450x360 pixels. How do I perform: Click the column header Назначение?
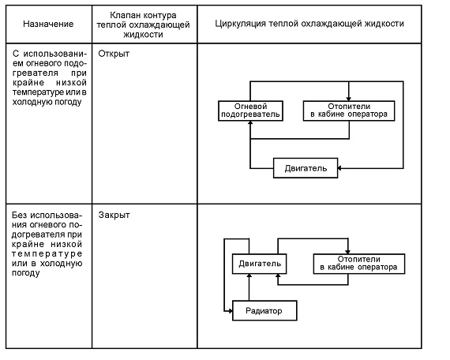pos(48,24)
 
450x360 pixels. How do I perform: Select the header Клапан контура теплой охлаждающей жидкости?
pos(143,24)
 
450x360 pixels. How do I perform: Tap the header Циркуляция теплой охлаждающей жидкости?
pos(309,24)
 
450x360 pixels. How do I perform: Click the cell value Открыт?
pos(114,54)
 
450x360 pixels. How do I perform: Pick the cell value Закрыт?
pos(114,215)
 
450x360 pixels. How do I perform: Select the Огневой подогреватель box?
pos(250,111)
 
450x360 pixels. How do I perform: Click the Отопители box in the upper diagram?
pos(349,111)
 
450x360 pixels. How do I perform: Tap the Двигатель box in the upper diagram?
pos(306,168)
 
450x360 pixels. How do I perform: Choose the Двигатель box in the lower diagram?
pos(260,264)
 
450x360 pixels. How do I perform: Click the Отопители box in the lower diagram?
pos(359,264)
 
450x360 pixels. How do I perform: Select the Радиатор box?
pos(264,310)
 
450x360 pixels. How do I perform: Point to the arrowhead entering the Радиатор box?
pos(230,310)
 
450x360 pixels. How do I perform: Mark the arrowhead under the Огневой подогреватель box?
pos(250,123)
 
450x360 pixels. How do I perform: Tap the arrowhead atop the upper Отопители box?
pos(349,99)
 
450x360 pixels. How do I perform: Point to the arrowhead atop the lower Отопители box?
pos(348,252)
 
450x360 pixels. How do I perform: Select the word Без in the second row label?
pos(19,215)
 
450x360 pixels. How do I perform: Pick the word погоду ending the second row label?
pos(26,272)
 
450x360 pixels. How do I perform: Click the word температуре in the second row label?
pos(47,253)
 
